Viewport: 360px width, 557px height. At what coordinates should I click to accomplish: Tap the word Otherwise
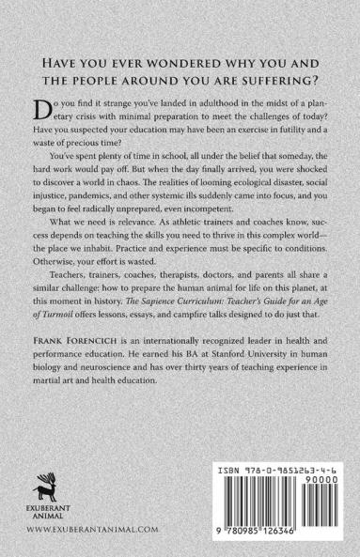tap(65, 289)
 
